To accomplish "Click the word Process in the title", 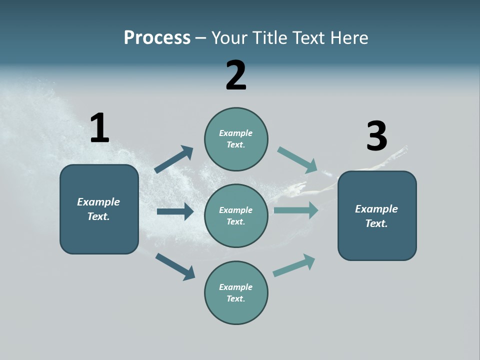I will pos(157,38).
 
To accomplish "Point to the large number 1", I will pos(99,128).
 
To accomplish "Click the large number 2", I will pos(236,75).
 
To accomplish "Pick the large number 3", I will pos(376,136).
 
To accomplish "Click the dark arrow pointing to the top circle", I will pos(173,159).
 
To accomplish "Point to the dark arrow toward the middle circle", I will pos(175,211).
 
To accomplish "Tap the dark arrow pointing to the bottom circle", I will pos(175,266).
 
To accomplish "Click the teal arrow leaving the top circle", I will pos(297,160).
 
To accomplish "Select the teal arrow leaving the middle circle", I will pos(296,210).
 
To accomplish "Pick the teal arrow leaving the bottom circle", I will pos(294,265).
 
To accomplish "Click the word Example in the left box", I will pos(98,202).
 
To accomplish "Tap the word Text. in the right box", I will pos(376,223).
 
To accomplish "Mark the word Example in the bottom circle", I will pos(236,287).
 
